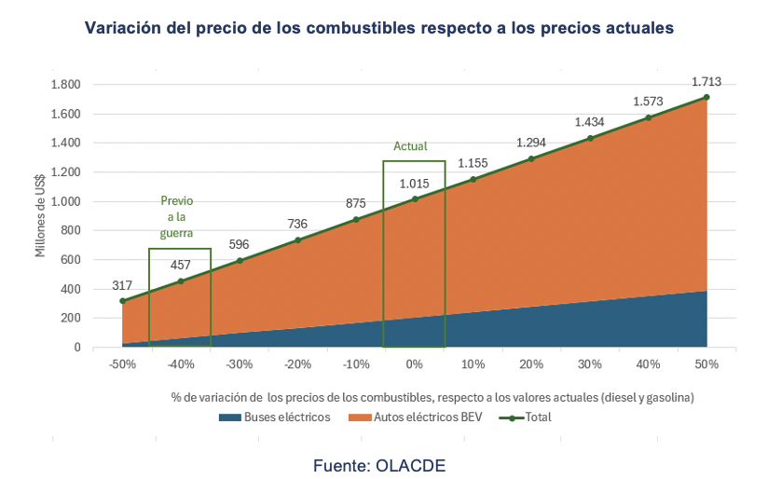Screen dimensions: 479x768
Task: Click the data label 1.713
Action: pos(706,81)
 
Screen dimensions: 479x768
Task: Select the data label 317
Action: pos(122,285)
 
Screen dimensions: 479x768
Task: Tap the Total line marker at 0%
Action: pos(415,198)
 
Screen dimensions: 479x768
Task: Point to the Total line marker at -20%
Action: pos(298,239)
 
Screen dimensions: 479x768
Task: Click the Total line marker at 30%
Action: pos(590,138)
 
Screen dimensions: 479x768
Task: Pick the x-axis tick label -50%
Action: pos(122,364)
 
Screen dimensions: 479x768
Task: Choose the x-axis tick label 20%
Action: pos(531,364)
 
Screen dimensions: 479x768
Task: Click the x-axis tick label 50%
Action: pos(706,364)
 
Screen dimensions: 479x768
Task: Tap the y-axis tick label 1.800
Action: pos(64,85)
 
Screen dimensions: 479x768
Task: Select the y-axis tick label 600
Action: pos(71,260)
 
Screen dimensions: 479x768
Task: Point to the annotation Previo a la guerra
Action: pos(177,217)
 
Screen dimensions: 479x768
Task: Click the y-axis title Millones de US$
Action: pos(41,215)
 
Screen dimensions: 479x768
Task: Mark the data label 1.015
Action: pos(416,183)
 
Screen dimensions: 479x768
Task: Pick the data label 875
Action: pos(356,203)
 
